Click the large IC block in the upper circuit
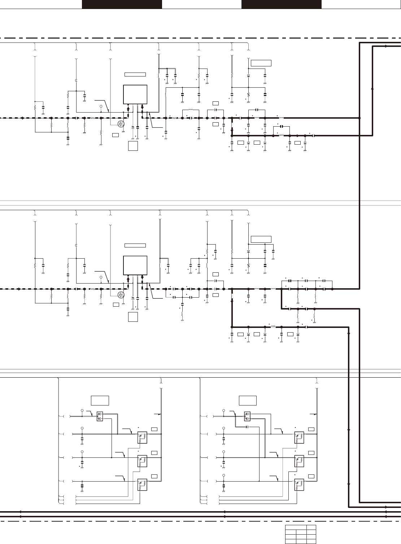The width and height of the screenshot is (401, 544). tap(135, 94)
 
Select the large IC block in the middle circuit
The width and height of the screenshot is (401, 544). tap(135, 265)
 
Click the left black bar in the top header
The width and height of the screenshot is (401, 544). tap(122, 4)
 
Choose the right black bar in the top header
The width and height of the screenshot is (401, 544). tap(281, 4)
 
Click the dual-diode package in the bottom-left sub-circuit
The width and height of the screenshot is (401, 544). tap(100, 416)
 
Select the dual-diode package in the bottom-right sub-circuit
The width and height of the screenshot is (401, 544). tap(248, 416)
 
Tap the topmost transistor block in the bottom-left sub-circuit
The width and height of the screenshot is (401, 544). tap(142, 438)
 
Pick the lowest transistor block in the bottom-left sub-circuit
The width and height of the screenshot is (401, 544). tap(142, 484)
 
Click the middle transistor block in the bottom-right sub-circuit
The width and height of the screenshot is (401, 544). tap(299, 461)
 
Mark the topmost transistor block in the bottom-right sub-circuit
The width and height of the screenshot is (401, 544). tap(299, 438)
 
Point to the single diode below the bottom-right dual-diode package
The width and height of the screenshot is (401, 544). tap(247, 427)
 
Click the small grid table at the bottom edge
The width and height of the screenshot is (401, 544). tap(301, 534)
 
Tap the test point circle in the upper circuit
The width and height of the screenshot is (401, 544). tap(101, 107)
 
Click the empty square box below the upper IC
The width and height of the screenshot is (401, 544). tap(133, 146)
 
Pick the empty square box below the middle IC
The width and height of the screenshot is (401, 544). tap(133, 317)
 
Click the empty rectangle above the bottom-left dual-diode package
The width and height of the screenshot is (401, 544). tap(100, 400)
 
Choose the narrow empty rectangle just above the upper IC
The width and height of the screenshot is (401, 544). tap(135, 74)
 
